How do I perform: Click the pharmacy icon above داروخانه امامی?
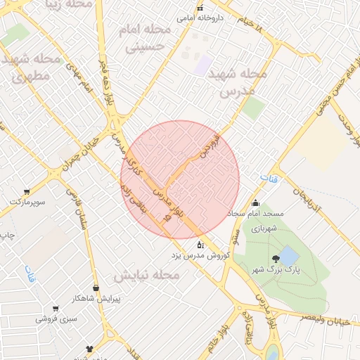[x=200, y=8]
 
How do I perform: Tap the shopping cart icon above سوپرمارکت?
[x=27, y=191]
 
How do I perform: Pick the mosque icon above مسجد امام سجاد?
[x=255, y=202]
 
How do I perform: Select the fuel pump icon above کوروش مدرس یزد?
[x=200, y=245]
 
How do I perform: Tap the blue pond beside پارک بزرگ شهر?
[x=288, y=253]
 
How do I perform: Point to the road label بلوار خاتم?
[x=224, y=336]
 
